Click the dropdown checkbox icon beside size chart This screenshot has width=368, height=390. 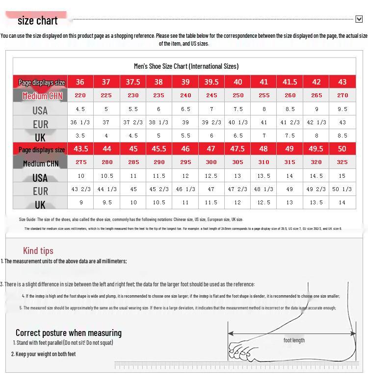click(359, 19)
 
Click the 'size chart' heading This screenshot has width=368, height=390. click(37, 21)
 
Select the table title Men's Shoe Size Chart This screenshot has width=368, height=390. click(186, 66)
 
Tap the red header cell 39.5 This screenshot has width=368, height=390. click(211, 82)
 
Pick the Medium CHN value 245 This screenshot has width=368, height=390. click(211, 95)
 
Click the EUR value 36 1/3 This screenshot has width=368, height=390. click(80, 122)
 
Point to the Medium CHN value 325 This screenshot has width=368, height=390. click(342, 162)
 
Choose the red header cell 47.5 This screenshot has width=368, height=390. click(237, 148)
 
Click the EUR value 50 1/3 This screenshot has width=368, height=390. click(342, 189)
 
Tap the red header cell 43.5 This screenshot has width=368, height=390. click(80, 148)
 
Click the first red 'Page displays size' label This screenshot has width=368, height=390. click(42, 83)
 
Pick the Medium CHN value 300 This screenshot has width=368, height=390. click(211, 162)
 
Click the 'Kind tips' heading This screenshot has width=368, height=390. click(38, 251)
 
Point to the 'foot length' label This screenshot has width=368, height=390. click(294, 340)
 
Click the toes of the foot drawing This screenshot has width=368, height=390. click(243, 351)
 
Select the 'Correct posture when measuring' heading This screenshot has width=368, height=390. click(68, 333)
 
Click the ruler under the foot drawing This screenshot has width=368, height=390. click(236, 365)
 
